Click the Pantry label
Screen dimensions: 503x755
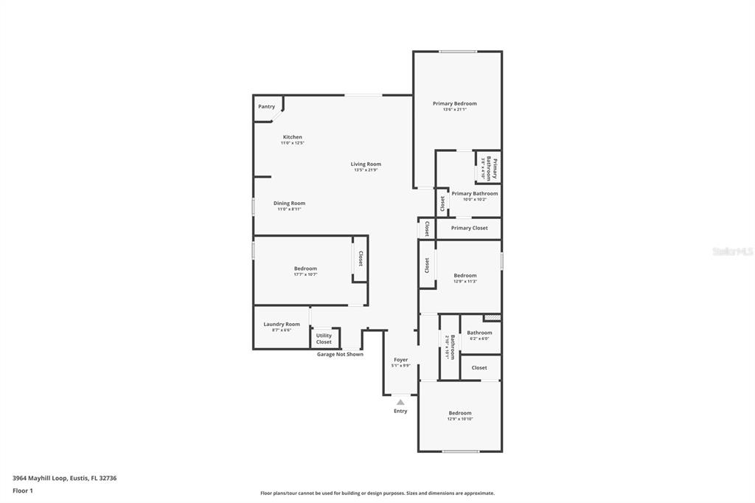tap(266, 107)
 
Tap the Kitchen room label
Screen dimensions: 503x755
tap(292, 137)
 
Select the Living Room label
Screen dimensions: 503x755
tap(366, 164)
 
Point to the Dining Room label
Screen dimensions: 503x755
tap(289, 204)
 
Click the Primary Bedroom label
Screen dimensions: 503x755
tap(454, 104)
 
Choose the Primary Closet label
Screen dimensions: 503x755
tap(469, 229)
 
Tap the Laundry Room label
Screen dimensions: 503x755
tap(282, 325)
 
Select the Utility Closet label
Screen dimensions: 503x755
tap(324, 339)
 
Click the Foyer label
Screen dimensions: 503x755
tap(400, 360)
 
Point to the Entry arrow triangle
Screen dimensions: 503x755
tap(400, 402)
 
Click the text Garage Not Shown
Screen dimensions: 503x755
tap(340, 354)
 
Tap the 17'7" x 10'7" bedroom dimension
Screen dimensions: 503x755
tap(305, 274)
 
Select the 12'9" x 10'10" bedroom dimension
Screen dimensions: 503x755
tap(460, 419)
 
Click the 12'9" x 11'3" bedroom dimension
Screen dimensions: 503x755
tap(465, 281)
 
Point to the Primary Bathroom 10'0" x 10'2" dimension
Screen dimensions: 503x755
tap(475, 199)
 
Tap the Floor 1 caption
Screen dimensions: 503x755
tap(23, 490)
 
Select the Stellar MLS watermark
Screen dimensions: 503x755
tap(732, 251)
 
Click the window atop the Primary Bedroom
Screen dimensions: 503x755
tap(458, 52)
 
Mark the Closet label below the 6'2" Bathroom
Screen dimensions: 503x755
tap(479, 368)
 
